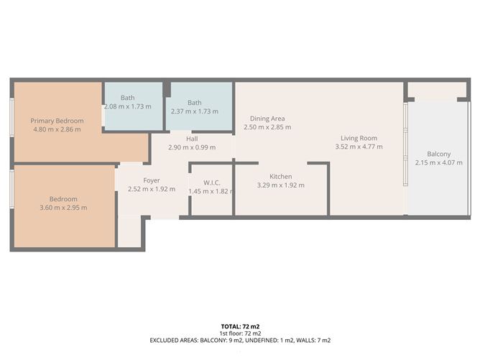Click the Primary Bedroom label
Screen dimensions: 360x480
click(57, 121)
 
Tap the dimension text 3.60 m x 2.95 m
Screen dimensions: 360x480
click(63, 208)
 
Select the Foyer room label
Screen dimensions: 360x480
click(151, 180)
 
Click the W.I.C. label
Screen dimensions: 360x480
click(211, 183)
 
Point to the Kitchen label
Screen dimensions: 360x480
click(280, 177)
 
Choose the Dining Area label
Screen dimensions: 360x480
click(268, 119)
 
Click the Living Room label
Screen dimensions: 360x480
click(359, 138)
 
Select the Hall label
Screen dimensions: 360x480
click(192, 139)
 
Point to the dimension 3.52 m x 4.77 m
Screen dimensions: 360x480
click(359, 147)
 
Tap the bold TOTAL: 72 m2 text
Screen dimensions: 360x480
click(240, 327)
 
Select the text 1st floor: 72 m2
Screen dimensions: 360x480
click(240, 333)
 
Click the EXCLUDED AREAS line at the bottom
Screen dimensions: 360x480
click(240, 341)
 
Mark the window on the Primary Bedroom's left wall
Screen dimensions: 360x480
click(11, 116)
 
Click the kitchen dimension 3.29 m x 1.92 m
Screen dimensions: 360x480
click(280, 185)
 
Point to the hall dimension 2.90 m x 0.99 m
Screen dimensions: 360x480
click(192, 147)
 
